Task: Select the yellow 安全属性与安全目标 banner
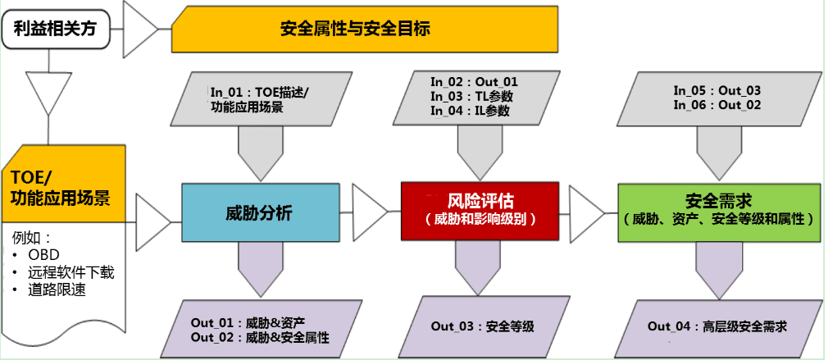click(354, 29)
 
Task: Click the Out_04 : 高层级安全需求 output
click(717, 326)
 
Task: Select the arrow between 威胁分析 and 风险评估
click(370, 212)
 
